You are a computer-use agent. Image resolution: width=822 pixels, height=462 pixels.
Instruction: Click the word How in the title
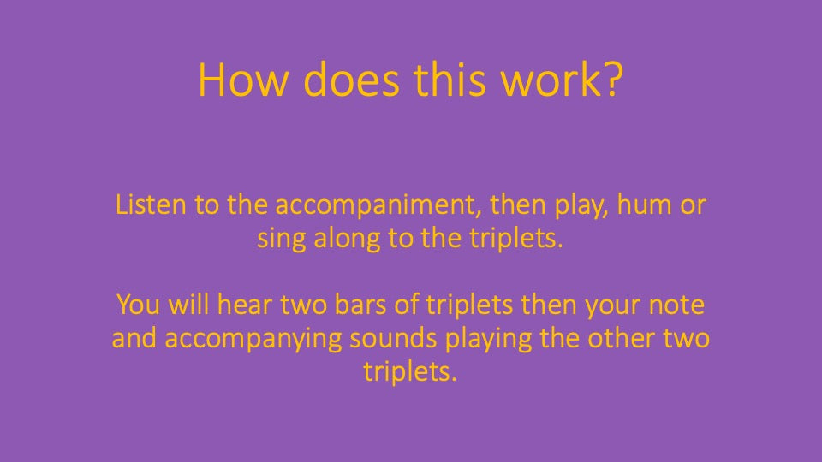243,80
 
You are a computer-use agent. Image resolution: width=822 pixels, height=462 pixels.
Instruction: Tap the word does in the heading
351,80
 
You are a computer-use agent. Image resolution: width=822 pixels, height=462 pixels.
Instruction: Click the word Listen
151,204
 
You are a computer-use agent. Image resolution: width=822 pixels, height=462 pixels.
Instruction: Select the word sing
282,239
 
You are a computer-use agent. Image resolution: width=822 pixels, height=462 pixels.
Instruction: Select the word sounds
393,338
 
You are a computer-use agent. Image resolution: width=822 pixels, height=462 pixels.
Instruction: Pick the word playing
488,340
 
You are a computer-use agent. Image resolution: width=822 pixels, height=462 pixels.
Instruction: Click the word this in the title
450,80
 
